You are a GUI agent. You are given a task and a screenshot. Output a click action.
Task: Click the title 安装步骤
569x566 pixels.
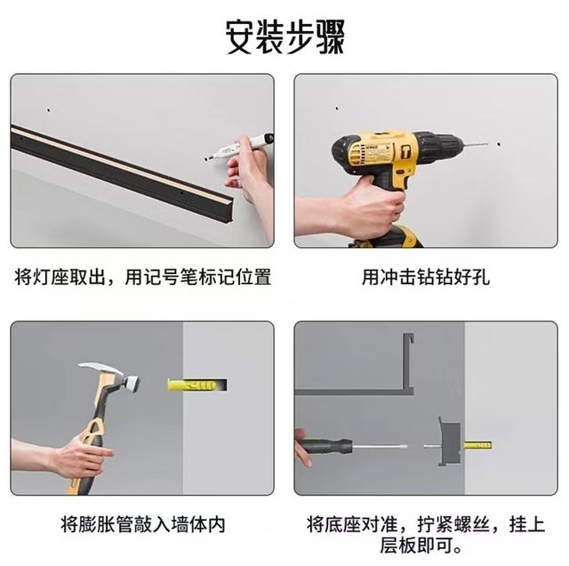coord(284,37)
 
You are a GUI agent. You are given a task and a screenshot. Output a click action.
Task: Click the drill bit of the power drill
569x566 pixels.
coord(475,144)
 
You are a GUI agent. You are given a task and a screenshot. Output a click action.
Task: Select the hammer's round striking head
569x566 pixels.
coord(132,384)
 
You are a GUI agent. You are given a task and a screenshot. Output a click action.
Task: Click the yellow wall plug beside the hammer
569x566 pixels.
coord(196,384)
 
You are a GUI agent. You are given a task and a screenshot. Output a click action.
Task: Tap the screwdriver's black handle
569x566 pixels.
coord(324,446)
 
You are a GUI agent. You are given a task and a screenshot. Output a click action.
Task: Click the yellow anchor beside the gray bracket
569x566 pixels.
coord(477,445)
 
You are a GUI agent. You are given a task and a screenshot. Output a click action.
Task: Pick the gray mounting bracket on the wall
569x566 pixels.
coord(450,442)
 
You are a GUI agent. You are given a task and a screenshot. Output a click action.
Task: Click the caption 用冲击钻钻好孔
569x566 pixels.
coord(425,278)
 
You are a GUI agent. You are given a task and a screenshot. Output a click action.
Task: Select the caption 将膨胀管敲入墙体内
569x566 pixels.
coord(142,524)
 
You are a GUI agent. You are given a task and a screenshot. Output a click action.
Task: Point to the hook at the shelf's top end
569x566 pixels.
coord(409,338)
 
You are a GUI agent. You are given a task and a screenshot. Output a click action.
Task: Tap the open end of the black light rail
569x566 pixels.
coord(228,210)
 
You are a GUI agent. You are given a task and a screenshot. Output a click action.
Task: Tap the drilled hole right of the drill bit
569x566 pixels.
coord(499,144)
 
